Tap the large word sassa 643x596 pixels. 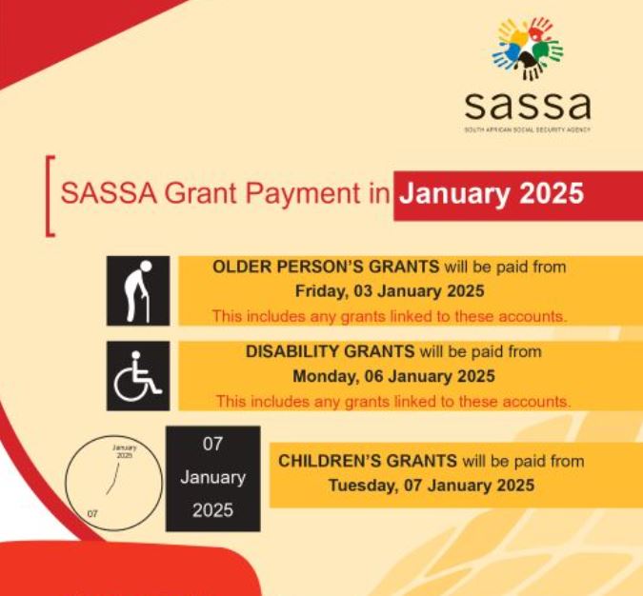[527, 102]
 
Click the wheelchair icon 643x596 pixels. [138, 376]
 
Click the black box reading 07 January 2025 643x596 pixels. [212, 478]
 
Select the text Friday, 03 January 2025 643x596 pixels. [390, 290]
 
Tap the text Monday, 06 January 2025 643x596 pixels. [393, 376]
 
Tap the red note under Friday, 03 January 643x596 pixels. [389, 315]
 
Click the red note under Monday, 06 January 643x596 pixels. [392, 401]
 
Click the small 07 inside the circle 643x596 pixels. [92, 513]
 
